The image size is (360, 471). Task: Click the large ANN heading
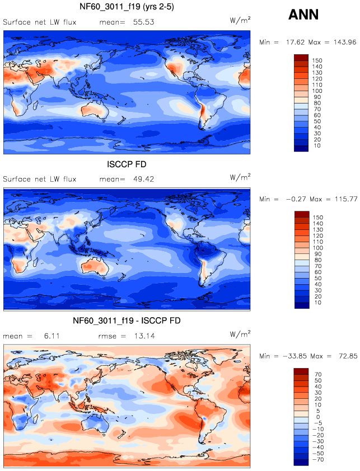[x=303, y=15]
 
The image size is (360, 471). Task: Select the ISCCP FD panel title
[x=127, y=165]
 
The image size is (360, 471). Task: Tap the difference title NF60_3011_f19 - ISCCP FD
[x=127, y=321]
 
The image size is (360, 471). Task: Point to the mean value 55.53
[x=143, y=22]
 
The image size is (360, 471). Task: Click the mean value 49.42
[x=143, y=179]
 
